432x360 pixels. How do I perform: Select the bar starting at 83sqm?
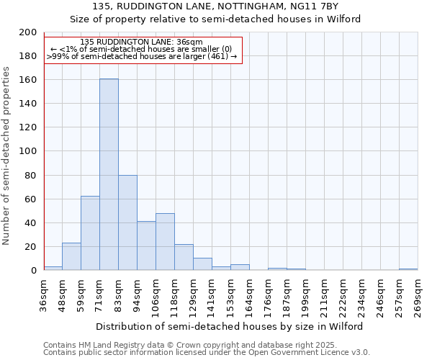click(x=127, y=222)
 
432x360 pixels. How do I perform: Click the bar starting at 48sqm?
click(x=71, y=256)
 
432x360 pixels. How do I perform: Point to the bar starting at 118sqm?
click(x=184, y=257)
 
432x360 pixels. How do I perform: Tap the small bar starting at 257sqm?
click(x=408, y=269)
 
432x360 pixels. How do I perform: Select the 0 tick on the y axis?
click(x=33, y=271)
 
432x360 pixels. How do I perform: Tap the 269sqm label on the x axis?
click(x=418, y=297)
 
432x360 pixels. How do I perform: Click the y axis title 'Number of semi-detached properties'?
click(x=7, y=156)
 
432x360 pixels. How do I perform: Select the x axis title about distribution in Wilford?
click(x=230, y=326)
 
